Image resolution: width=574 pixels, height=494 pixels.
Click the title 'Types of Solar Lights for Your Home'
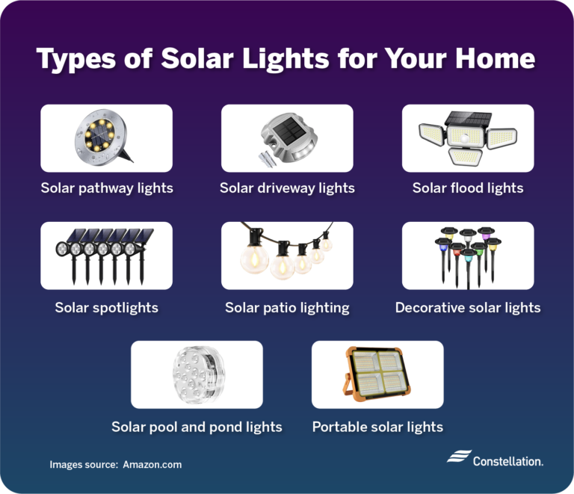(x=286, y=58)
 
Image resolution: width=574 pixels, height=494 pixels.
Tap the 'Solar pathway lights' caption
(x=107, y=188)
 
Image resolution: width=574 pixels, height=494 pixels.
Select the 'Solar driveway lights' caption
(x=287, y=188)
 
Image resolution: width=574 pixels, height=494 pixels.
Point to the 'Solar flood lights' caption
(x=468, y=188)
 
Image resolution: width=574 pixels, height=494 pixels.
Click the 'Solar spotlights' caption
(x=106, y=307)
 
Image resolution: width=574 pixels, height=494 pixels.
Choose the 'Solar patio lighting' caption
(x=287, y=307)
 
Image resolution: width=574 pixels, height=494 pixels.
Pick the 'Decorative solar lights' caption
(x=468, y=307)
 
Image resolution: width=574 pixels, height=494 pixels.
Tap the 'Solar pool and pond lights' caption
(x=197, y=427)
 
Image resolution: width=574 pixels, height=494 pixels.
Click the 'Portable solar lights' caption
(x=377, y=427)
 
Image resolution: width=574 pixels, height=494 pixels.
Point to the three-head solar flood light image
(x=467, y=138)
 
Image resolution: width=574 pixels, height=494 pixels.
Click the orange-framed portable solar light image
(x=377, y=374)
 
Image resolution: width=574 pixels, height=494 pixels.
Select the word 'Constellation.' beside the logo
(x=508, y=461)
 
